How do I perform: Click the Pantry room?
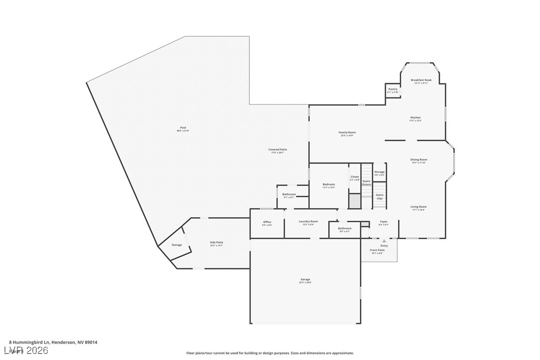(393, 90)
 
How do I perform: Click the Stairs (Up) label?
(379, 196)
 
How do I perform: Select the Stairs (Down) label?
(366, 182)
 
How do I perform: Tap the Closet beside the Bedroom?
(355, 178)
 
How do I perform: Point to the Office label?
(267, 223)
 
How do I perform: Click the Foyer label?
(383, 223)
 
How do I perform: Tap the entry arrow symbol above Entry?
(384, 241)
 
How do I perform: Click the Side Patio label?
(216, 243)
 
